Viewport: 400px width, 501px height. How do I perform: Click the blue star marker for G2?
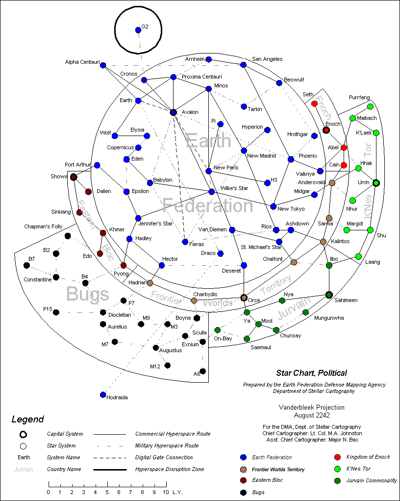click(x=138, y=30)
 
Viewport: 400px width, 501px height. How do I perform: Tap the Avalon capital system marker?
click(x=173, y=112)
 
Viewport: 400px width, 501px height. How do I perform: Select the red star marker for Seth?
click(x=314, y=104)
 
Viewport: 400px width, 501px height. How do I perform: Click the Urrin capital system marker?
click(x=376, y=183)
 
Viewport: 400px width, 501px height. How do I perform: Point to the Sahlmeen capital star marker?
click(x=329, y=295)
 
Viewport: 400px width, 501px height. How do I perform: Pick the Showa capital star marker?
click(x=74, y=177)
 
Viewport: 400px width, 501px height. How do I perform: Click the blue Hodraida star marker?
click(x=103, y=394)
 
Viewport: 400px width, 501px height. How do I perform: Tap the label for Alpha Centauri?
click(x=82, y=62)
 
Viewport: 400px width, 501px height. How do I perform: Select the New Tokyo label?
click(x=291, y=209)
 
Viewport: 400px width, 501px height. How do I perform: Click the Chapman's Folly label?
click(x=43, y=226)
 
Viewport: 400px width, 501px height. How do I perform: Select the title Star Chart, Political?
click(x=311, y=373)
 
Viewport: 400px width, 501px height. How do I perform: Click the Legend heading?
click(x=28, y=419)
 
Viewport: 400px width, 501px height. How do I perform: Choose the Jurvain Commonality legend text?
click(x=371, y=481)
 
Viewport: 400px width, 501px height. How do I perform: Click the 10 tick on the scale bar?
click(x=165, y=492)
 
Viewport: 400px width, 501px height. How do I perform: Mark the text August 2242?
click(x=311, y=415)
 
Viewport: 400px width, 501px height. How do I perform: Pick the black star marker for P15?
click(x=56, y=312)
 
